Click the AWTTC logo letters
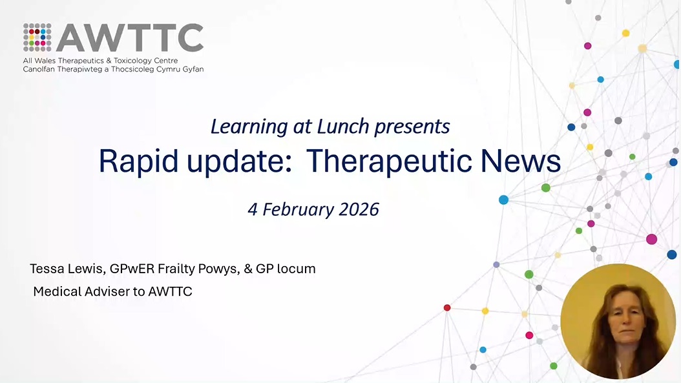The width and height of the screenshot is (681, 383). [x=129, y=38]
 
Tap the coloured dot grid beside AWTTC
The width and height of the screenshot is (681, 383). [x=37, y=37]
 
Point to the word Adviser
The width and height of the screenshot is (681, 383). [x=107, y=291]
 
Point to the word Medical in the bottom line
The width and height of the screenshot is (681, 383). [x=58, y=291]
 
